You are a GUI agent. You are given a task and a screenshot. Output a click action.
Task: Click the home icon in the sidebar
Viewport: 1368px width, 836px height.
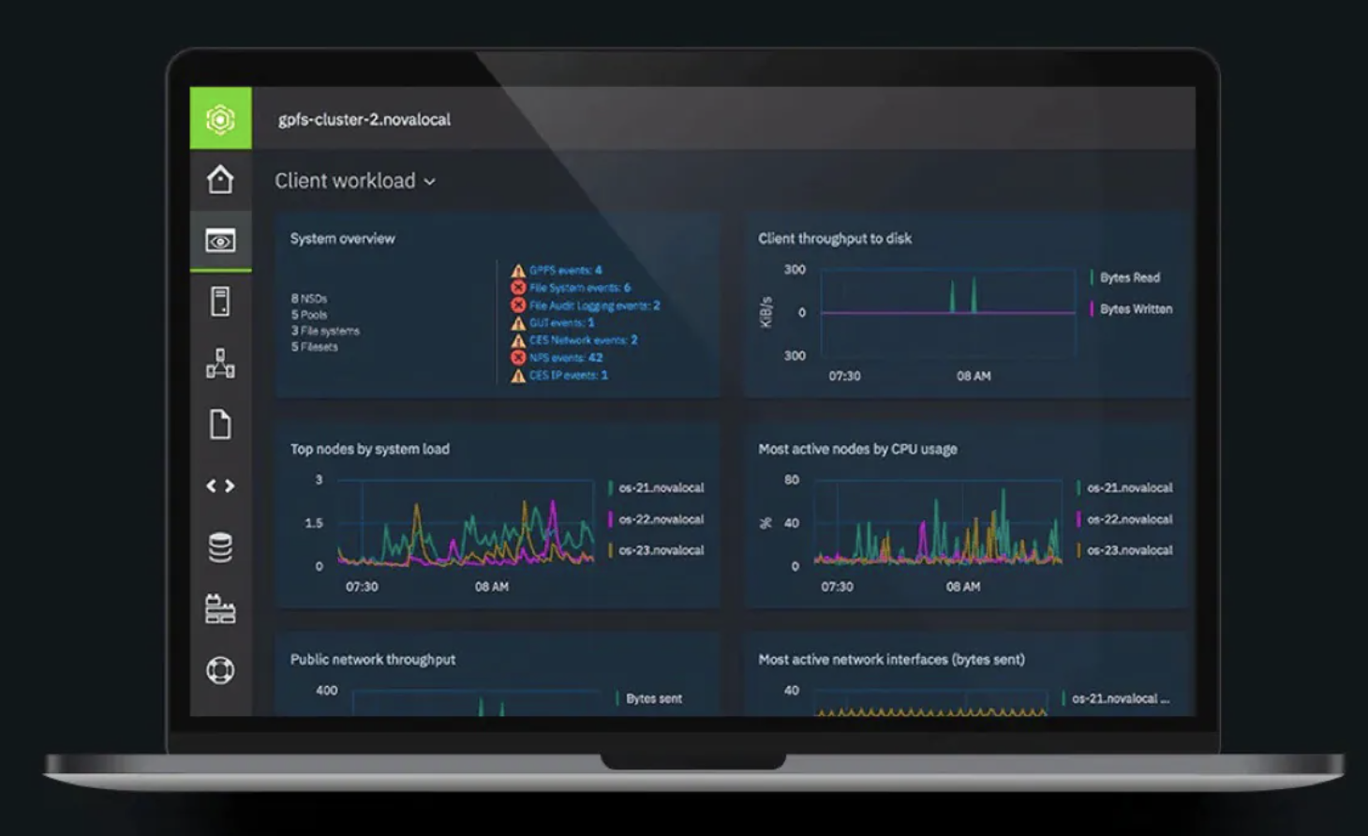point(220,179)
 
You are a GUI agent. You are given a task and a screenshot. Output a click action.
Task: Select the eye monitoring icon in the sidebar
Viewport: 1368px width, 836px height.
point(220,242)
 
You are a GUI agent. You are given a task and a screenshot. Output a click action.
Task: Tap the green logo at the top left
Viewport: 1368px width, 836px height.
point(220,119)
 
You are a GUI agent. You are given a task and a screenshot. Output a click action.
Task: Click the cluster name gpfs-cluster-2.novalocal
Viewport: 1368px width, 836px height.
point(364,120)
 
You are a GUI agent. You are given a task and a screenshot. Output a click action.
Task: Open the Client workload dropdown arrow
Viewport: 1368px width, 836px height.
point(430,182)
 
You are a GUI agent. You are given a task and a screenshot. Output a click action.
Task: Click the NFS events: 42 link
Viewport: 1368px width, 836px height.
point(565,358)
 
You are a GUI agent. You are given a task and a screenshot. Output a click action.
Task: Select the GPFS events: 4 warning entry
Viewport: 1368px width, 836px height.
point(565,270)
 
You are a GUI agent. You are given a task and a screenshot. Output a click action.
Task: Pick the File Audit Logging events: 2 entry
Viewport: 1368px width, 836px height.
point(594,306)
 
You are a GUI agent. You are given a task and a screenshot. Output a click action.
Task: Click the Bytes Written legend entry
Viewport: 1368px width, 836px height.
point(1136,309)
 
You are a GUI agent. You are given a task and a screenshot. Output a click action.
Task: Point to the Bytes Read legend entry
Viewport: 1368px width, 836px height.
point(1129,277)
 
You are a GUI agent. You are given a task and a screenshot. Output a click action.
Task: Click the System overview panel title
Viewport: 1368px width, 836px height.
point(343,239)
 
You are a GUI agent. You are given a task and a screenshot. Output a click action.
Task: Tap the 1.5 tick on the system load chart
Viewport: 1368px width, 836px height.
point(314,523)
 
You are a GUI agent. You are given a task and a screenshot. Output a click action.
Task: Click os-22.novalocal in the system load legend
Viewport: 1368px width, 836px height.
point(661,519)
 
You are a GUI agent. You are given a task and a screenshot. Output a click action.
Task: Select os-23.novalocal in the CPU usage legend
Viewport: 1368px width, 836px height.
point(1129,550)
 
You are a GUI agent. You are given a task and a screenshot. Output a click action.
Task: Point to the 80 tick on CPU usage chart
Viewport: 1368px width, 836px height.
point(792,480)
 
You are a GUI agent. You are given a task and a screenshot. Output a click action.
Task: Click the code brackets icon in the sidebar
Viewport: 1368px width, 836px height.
point(220,485)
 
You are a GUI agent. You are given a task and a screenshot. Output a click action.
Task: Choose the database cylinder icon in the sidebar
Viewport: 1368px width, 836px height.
point(220,547)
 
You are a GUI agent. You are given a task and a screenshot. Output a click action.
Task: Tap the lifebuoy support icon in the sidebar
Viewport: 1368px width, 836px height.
point(220,670)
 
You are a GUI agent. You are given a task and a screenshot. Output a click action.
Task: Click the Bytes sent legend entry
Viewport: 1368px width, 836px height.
point(653,699)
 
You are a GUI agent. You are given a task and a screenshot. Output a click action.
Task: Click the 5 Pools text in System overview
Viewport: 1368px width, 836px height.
point(309,315)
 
